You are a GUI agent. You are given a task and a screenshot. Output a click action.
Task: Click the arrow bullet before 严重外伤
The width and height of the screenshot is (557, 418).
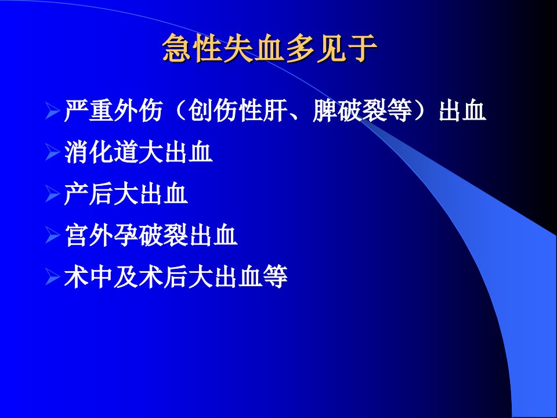[53, 110]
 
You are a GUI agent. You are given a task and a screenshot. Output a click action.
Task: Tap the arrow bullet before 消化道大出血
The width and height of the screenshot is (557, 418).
[53, 152]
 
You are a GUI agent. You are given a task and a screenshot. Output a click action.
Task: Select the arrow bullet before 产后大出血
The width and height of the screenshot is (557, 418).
[53, 194]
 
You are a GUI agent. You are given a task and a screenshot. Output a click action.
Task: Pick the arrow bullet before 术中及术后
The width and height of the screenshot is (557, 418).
[53, 277]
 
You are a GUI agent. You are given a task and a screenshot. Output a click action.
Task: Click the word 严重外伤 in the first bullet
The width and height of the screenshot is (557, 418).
[113, 110]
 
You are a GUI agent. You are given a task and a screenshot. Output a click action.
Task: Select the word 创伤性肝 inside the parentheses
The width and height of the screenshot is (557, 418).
[238, 110]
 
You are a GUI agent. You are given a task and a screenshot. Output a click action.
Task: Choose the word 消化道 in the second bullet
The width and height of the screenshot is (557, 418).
[101, 152]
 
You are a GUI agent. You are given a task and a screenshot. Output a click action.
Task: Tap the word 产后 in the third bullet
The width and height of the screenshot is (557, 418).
[88, 194]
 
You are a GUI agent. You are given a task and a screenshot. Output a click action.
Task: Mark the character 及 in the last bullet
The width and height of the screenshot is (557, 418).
[126, 277]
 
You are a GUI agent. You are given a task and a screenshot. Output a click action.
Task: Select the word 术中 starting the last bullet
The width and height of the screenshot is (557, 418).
[88, 277]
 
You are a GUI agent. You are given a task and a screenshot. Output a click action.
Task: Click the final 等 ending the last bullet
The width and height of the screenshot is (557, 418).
[275, 277]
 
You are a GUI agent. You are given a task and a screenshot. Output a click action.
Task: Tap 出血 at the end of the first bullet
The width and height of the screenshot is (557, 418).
[462, 110]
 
